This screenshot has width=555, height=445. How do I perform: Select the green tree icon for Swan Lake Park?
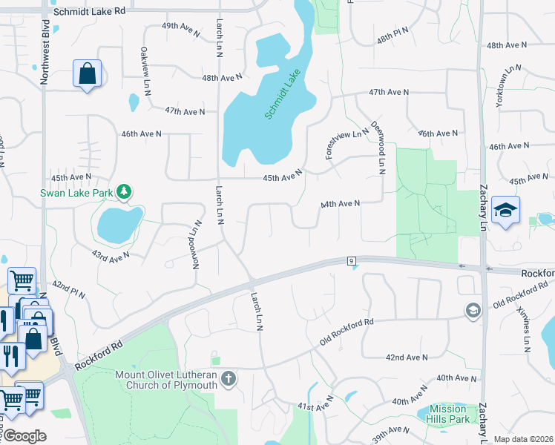tap(125, 193)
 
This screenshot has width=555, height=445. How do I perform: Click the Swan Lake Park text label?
tap(76, 194)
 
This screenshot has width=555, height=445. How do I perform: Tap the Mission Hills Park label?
tap(449, 414)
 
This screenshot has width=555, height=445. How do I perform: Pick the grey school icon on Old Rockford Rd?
tap(472, 309)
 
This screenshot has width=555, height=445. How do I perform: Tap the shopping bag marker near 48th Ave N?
tap(87, 73)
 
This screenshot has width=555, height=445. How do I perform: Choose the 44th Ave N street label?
tap(340, 203)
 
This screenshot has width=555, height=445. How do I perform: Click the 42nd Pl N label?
tap(70, 290)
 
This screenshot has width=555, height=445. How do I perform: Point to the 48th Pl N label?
tap(393, 35)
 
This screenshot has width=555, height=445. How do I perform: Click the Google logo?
tap(24, 436)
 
